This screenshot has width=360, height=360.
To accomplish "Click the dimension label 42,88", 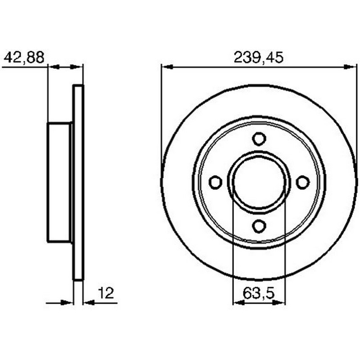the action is [x=24, y=58].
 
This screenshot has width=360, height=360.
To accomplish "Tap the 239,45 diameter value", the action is [x=259, y=58].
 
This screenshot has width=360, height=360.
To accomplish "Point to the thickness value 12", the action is [x=106, y=293].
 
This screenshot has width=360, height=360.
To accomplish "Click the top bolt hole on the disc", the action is [x=259, y=139].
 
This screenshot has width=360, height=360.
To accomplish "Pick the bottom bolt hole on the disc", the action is [x=259, y=225].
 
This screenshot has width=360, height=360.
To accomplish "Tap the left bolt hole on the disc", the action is [x=216, y=182].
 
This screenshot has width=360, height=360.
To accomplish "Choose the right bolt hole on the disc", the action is [x=303, y=182].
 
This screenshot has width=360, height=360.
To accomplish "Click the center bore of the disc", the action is [x=259, y=182].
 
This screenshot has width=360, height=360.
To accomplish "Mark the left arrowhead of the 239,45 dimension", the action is [x=167, y=67].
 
